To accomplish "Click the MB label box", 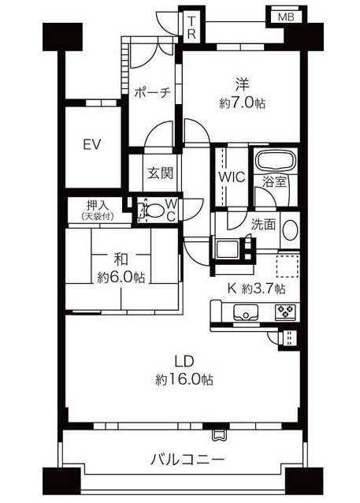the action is click(x=286, y=17).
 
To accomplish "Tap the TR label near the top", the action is click(x=191, y=28).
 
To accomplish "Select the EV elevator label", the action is click(x=92, y=144).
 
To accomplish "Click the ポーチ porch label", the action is click(x=152, y=93).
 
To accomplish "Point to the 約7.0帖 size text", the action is click(x=243, y=103).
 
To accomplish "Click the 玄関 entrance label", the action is click(x=160, y=173).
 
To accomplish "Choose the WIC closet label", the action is click(x=232, y=177).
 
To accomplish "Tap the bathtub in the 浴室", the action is click(x=276, y=159).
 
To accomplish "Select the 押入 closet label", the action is click(x=98, y=205).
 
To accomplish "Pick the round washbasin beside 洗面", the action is click(x=291, y=229).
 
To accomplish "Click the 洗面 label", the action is click(x=263, y=225).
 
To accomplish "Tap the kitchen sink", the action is click(x=246, y=312).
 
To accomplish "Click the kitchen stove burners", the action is click(x=285, y=311).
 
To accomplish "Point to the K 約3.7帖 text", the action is click(x=256, y=289).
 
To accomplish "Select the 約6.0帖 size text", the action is click(x=121, y=278).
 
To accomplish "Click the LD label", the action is click(x=184, y=362).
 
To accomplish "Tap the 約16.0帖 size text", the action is click(x=184, y=380).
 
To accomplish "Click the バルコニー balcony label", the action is click(x=187, y=460).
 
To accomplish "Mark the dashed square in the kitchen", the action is click(x=288, y=266).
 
